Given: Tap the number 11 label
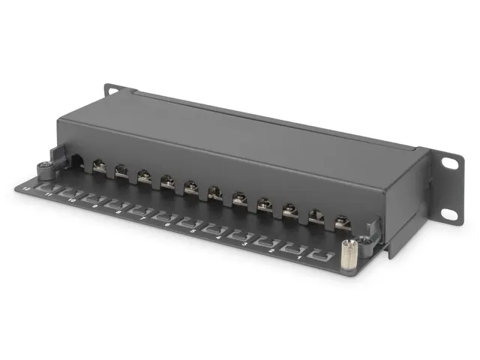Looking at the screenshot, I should coord(49,193).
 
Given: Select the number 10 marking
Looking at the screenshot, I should coord(72,200).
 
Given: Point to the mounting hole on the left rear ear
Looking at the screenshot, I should coord(113,91).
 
